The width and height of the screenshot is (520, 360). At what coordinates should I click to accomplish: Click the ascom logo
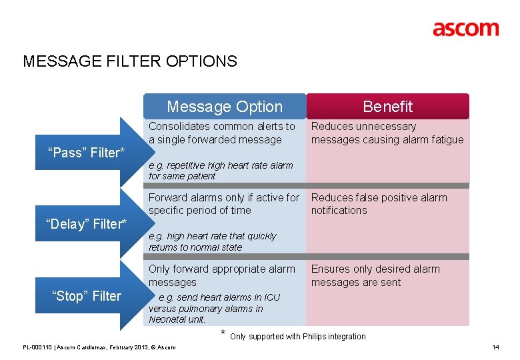point(465,29)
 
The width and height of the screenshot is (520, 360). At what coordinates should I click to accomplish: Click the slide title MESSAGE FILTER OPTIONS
point(130,62)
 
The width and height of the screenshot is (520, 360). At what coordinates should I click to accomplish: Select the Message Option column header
point(225,107)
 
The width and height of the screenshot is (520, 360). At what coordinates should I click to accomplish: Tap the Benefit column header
point(387,107)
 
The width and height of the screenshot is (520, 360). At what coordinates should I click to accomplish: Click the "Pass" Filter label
point(86,153)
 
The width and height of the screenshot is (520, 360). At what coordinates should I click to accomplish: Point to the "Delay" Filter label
point(86,224)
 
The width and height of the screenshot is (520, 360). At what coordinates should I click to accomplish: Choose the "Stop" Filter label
point(87,296)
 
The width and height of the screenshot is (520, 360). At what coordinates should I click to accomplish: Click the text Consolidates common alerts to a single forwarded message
point(221,133)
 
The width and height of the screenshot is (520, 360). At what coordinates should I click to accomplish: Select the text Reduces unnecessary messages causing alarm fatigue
point(387,133)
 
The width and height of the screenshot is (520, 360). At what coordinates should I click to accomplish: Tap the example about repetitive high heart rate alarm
point(220,171)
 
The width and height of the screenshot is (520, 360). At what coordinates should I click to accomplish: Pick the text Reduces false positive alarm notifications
point(379,204)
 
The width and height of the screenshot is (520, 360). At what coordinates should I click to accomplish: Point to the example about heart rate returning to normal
point(211,241)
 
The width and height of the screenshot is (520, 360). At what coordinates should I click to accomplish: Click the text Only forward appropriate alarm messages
point(221,275)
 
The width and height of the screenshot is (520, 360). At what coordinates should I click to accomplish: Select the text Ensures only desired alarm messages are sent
point(375,275)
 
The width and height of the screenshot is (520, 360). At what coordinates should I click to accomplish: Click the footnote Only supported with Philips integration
point(297,337)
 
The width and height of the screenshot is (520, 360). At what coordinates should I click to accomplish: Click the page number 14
point(495,347)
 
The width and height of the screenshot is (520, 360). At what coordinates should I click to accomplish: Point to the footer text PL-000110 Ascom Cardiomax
point(99,347)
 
